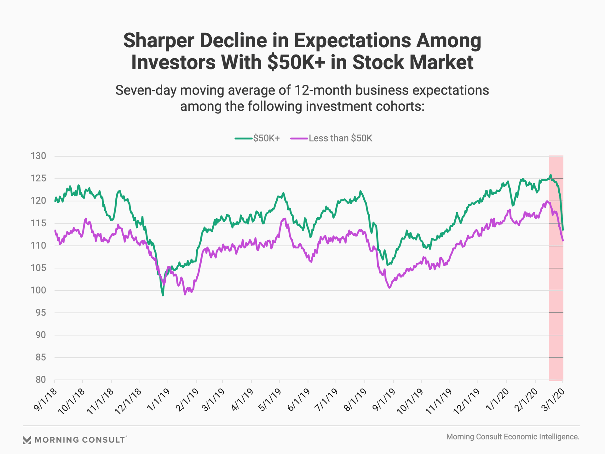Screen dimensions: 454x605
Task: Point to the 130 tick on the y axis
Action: [38, 156]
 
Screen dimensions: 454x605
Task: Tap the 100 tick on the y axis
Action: [38, 290]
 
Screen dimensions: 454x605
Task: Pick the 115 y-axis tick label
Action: [38, 223]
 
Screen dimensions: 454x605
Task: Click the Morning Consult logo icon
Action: [27, 440]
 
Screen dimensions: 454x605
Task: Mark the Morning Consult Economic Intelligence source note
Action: [513, 437]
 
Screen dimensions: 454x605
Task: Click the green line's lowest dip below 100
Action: [163, 295]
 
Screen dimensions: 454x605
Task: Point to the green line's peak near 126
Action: [550, 175]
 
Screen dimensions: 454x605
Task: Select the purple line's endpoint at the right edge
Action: [563, 241]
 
